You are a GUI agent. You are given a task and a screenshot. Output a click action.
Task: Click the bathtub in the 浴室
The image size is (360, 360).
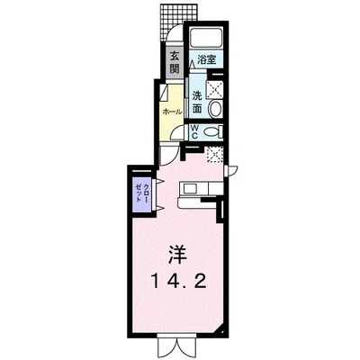[x=206, y=39]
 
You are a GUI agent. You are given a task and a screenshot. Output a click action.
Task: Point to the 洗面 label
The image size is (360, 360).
[x=196, y=101]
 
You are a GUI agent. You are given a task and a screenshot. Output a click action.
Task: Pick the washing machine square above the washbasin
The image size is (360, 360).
[x=216, y=87]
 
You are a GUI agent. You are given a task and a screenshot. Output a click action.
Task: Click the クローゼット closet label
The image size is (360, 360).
[x=141, y=191]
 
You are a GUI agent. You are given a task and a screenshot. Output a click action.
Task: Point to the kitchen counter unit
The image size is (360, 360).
[x=196, y=189]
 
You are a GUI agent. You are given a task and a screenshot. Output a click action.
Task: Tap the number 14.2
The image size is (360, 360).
[x=180, y=281]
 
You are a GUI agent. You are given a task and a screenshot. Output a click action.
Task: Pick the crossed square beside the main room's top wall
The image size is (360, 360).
[x=213, y=155]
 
